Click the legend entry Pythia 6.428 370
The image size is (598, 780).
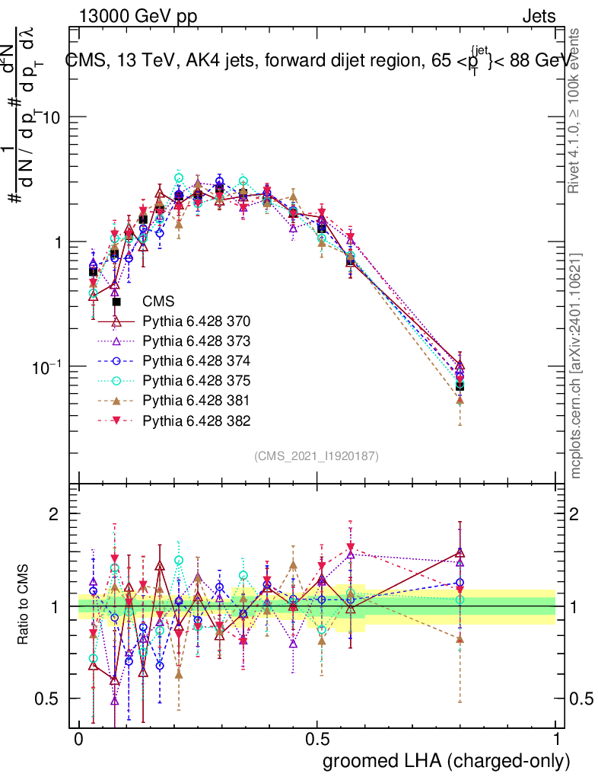(196, 321)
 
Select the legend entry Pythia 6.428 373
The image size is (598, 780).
(196, 340)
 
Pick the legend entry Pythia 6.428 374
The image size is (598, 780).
(196, 360)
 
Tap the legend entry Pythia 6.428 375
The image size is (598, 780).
(196, 380)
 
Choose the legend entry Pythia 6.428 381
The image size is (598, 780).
(196, 400)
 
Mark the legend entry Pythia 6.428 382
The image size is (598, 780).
(196, 420)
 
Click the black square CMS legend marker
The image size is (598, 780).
(116, 302)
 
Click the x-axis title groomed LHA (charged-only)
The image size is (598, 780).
(447, 761)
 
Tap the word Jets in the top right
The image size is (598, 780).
(539, 16)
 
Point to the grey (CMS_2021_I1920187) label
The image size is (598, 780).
(316, 456)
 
